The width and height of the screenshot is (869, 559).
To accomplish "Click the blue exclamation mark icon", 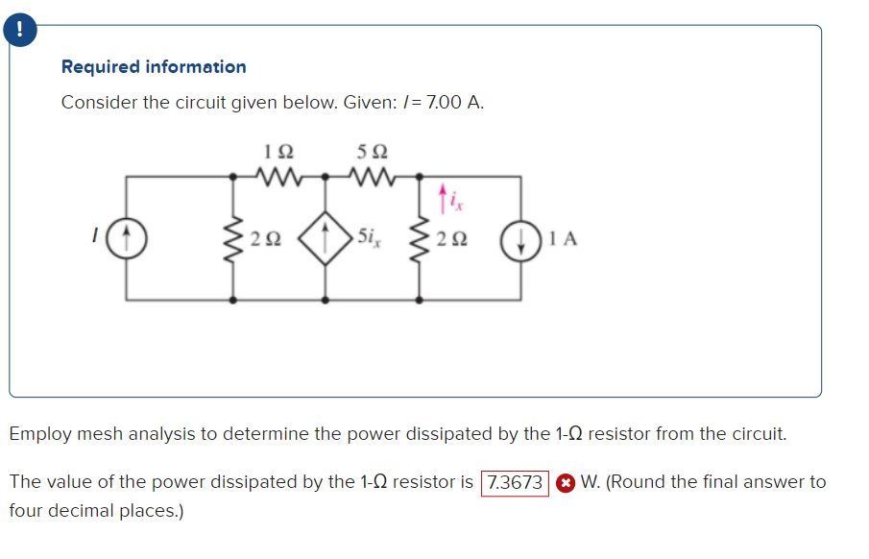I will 16,30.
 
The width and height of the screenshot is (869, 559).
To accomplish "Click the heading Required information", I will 154,66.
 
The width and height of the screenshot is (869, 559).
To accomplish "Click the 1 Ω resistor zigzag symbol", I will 278,176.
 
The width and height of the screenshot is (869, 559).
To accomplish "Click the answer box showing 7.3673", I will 516,482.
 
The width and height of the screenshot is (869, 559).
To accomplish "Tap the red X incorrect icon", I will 566,482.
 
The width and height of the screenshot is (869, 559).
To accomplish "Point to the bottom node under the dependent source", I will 325,300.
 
